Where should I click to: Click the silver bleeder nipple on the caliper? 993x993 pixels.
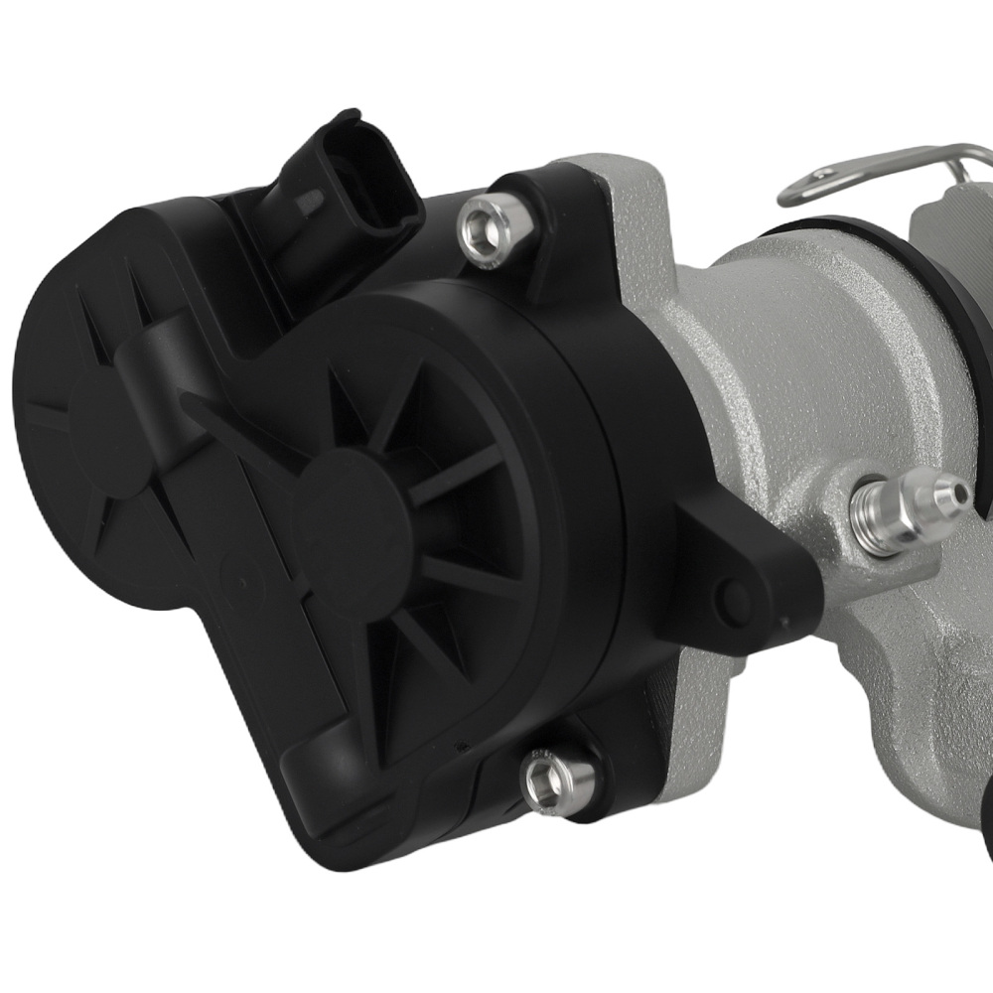(x=904, y=501)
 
